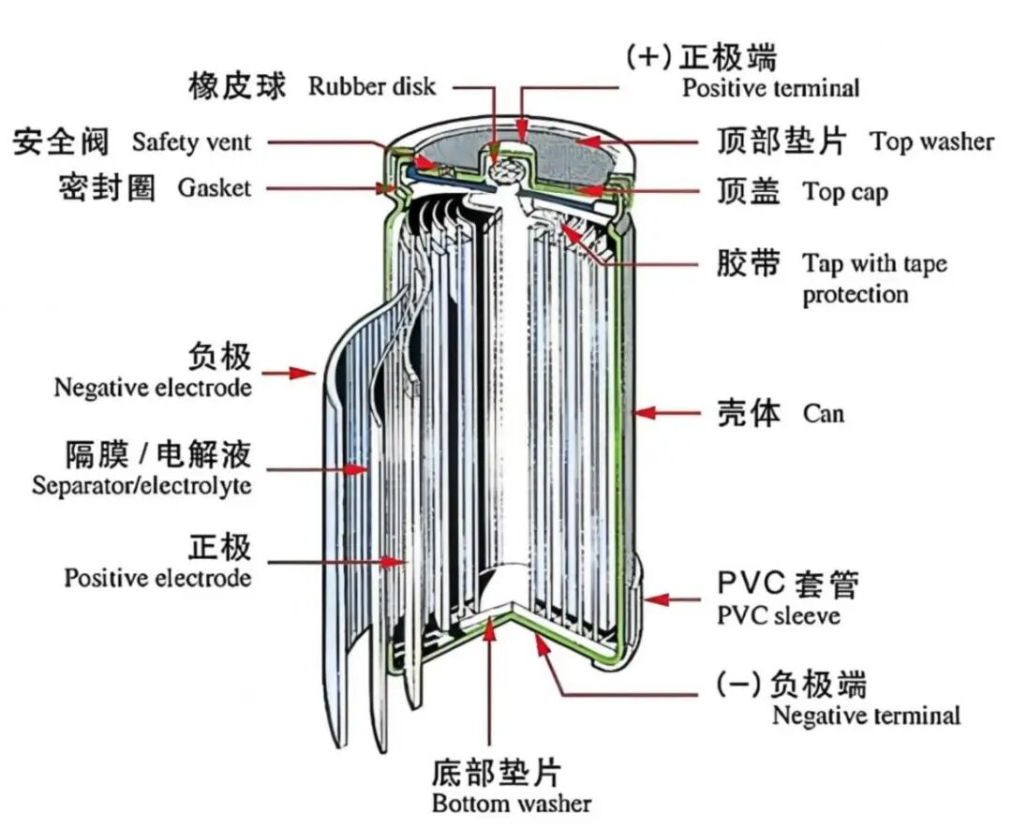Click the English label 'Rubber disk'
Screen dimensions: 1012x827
372,86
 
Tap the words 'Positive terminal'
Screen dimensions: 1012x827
770,88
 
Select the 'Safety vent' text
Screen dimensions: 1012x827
191,142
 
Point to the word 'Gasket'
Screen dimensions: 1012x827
214,187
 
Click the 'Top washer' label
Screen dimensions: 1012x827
931,142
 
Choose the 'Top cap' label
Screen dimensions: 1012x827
845,192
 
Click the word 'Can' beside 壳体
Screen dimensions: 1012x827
824,413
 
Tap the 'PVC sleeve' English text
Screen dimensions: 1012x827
779,615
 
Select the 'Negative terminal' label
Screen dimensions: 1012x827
866,716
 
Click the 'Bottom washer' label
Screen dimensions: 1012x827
512,804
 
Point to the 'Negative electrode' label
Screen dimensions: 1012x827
153,388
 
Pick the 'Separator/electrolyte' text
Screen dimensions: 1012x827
142,485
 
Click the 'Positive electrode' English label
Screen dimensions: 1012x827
157,577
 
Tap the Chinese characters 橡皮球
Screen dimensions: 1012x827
237,86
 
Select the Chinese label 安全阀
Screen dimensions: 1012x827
61,142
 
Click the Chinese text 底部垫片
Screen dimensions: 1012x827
497,772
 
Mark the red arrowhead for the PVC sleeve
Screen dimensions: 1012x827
655,600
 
